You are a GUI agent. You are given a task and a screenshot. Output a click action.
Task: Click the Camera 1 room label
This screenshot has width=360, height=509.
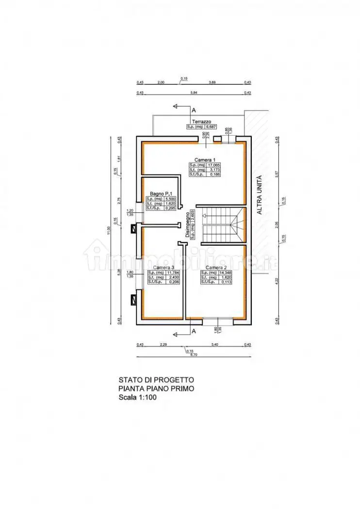(x=204, y=159)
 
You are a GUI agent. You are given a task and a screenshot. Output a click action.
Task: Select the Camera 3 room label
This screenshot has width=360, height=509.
(x=164, y=267)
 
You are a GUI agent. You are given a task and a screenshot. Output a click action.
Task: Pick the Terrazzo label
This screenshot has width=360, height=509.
(x=201, y=122)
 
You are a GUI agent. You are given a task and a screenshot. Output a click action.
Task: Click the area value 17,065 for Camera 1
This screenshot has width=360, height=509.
(x=213, y=165)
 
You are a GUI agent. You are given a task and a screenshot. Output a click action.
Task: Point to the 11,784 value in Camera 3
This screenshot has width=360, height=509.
(x=172, y=272)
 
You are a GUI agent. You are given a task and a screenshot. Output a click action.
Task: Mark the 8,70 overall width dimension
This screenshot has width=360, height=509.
(x=194, y=355)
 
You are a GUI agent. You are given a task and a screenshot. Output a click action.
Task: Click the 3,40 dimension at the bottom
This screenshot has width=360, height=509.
(x=214, y=345)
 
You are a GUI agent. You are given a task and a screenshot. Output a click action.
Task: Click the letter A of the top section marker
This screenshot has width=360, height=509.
(x=194, y=110)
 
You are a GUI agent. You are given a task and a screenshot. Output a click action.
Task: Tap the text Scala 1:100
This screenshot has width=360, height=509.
(x=137, y=397)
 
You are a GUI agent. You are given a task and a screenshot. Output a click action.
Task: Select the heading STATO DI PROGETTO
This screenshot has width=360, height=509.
(x=156, y=380)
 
